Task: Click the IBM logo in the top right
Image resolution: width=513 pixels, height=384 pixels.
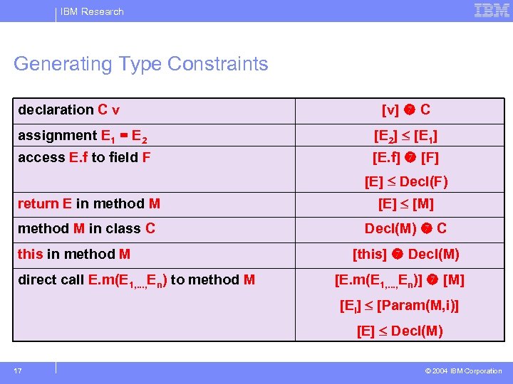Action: pyautogui.click(x=492, y=11)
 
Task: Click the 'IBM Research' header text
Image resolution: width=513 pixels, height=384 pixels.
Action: pyautogui.click(x=92, y=11)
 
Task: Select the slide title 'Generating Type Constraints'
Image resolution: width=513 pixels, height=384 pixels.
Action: pyautogui.click(x=141, y=64)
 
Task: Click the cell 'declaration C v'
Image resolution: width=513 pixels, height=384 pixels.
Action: pyautogui.click(x=69, y=110)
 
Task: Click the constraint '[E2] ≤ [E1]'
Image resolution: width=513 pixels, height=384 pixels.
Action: pyautogui.click(x=405, y=136)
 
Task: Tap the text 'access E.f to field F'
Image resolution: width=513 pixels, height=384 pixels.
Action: pyautogui.click(x=84, y=157)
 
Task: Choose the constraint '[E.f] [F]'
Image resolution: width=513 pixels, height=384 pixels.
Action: pyautogui.click(x=405, y=157)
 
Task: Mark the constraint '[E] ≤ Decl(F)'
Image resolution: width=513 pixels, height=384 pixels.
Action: pyautogui.click(x=405, y=181)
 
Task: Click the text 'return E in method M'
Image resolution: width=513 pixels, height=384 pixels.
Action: pyautogui.click(x=89, y=203)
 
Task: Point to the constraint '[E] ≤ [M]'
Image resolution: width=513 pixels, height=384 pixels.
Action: pyautogui.click(x=405, y=204)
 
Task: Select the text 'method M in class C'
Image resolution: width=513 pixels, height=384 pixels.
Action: pyautogui.click(x=86, y=228)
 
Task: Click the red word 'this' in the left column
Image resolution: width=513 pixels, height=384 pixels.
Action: pyautogui.click(x=30, y=254)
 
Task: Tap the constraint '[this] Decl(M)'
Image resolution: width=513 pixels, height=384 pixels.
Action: pyautogui.click(x=405, y=254)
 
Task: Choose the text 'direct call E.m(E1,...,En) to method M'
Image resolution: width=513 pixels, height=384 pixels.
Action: pyautogui.click(x=136, y=280)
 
